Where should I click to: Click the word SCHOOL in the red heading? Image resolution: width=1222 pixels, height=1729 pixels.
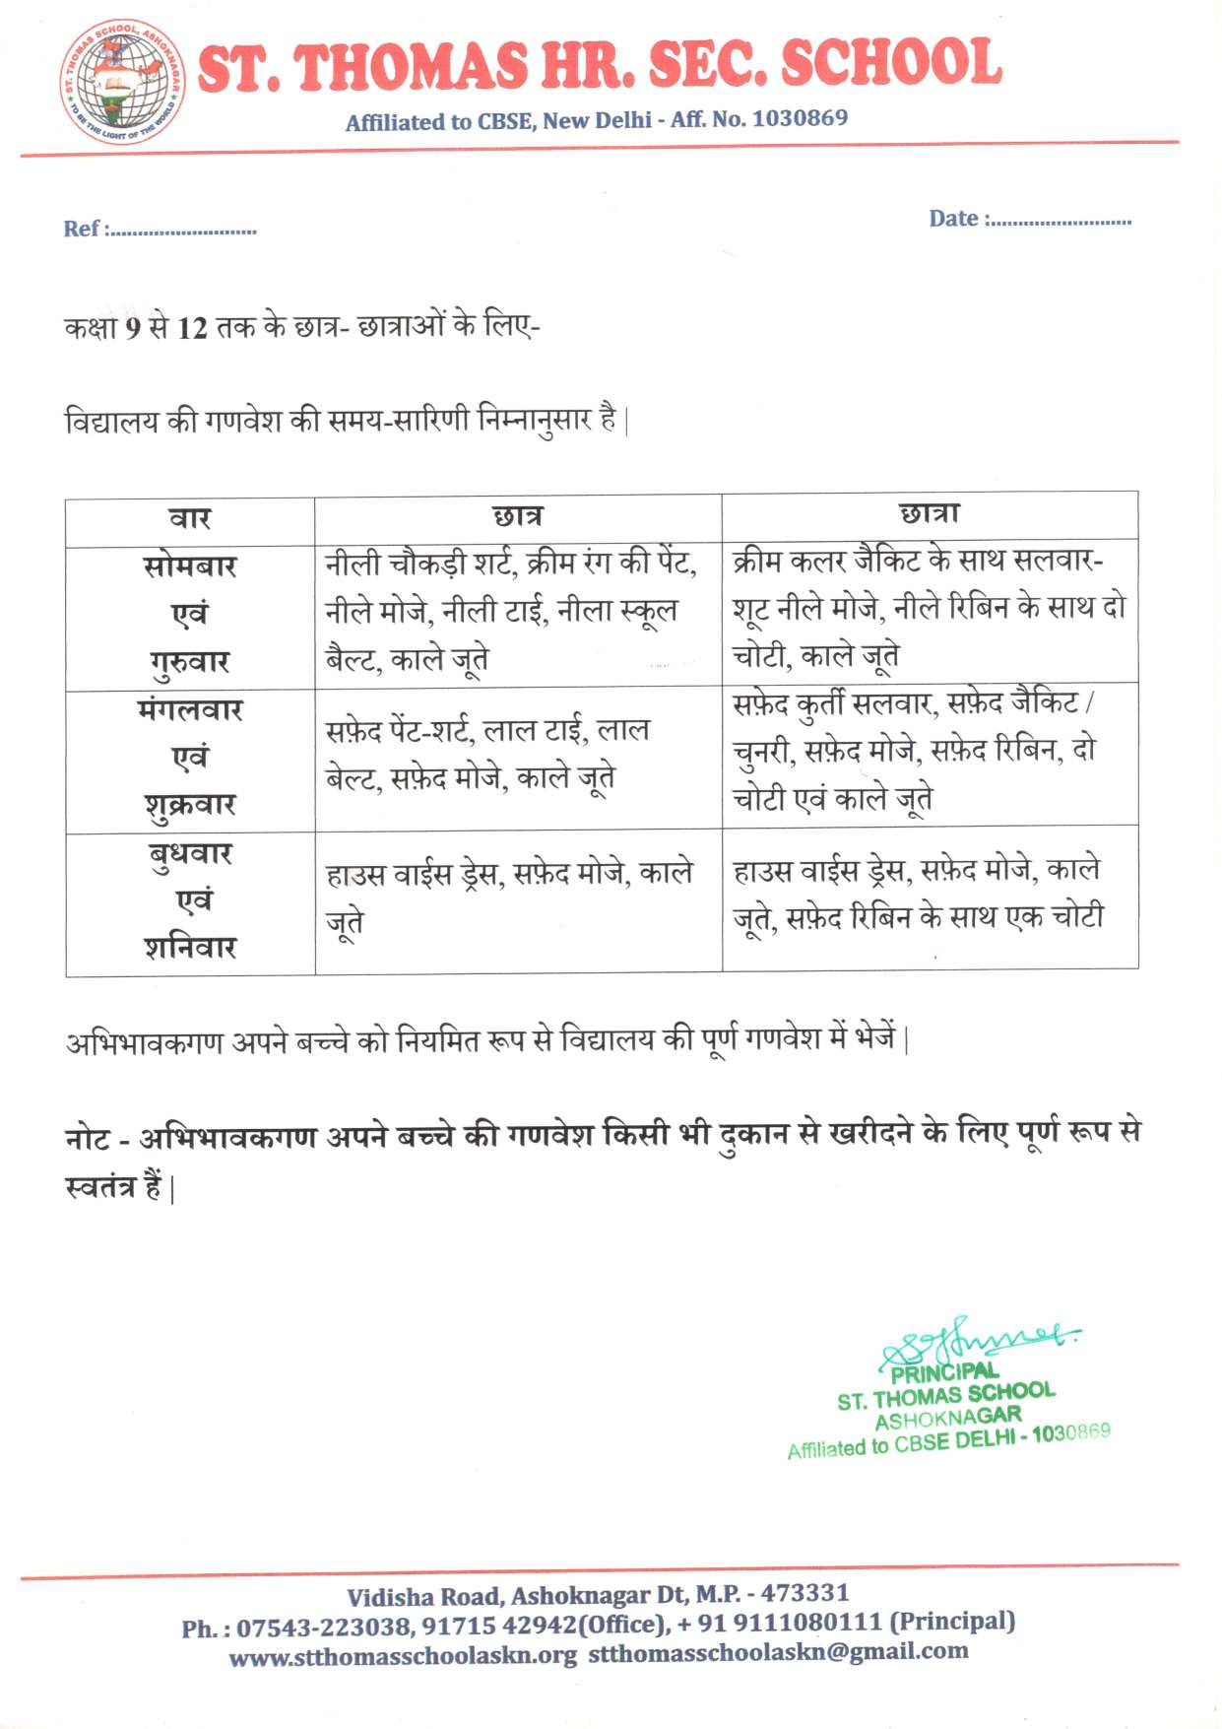[890, 64]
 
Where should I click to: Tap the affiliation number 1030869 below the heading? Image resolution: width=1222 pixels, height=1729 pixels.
[800, 118]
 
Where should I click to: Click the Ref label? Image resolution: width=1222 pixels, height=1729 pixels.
[81, 230]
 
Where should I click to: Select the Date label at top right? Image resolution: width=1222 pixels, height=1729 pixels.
[953, 219]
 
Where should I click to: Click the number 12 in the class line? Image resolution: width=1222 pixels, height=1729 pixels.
[192, 327]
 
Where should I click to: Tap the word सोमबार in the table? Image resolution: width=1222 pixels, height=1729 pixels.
[190, 567]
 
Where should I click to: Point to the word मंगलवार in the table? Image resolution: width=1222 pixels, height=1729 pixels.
[190, 710]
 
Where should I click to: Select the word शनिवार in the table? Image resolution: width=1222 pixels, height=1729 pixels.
[190, 948]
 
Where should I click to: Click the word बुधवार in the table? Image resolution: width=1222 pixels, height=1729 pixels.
[190, 853]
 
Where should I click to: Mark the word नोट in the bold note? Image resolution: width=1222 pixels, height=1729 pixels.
[87, 1139]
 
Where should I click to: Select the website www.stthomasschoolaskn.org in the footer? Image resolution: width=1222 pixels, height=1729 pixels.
[403, 1656]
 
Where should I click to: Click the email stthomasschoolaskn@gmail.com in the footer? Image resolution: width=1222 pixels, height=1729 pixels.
[778, 1652]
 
